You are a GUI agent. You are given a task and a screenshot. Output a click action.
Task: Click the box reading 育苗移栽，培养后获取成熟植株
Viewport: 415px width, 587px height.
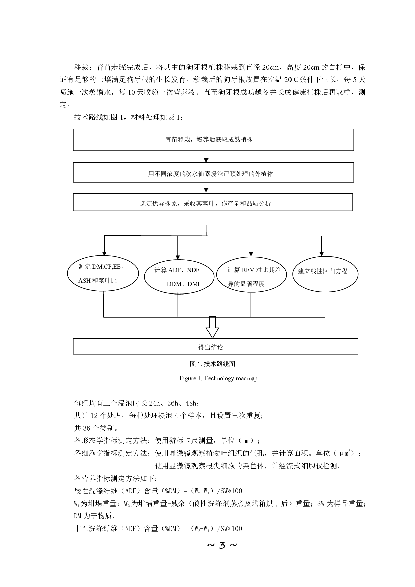point(214,140)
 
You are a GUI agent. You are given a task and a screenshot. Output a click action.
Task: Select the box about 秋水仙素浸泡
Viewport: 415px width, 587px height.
point(214,172)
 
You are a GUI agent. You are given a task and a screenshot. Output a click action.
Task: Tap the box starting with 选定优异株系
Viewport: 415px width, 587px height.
point(213,202)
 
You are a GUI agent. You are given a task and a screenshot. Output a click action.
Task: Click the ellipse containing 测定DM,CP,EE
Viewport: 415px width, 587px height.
point(103,274)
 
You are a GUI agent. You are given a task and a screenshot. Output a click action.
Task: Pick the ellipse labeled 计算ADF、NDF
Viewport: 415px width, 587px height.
point(179,276)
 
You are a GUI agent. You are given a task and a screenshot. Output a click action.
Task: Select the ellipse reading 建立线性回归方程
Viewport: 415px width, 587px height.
point(325,274)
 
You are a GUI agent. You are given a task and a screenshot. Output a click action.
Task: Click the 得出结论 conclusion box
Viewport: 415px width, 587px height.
point(216,346)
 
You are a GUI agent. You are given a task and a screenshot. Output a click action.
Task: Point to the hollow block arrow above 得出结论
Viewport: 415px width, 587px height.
point(212,327)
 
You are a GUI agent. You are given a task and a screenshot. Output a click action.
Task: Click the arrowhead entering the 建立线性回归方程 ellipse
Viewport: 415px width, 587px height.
point(322,253)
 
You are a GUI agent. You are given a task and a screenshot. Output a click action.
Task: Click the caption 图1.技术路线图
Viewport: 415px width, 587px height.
point(213,364)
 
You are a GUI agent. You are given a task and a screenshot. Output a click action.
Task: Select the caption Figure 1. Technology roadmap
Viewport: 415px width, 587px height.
point(218,378)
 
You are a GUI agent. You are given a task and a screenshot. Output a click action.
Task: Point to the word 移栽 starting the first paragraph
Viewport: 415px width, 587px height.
point(81,67)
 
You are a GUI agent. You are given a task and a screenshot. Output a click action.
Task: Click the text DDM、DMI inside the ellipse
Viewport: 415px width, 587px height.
point(183,284)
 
